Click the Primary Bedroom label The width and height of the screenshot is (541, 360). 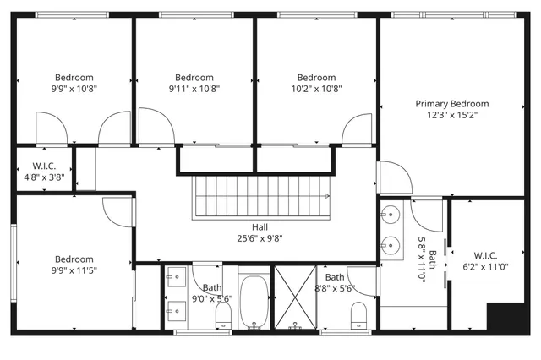tap(451, 104)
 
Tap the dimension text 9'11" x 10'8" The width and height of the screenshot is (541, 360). tap(194, 88)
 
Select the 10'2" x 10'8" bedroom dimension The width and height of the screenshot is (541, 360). tap(317, 88)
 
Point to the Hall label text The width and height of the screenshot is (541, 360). tap(260, 226)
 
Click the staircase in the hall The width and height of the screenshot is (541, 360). tap(261, 196)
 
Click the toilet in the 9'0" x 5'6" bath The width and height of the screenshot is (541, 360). tap(223, 315)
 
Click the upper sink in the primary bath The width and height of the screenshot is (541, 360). tap(391, 212)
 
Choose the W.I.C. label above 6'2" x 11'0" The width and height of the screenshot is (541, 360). tap(485, 255)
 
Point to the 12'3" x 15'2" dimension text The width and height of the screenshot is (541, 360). tap(451, 116)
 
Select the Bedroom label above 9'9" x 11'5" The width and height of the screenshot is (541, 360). tap(74, 259)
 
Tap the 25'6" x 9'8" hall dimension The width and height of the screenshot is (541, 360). tap(260, 238)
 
